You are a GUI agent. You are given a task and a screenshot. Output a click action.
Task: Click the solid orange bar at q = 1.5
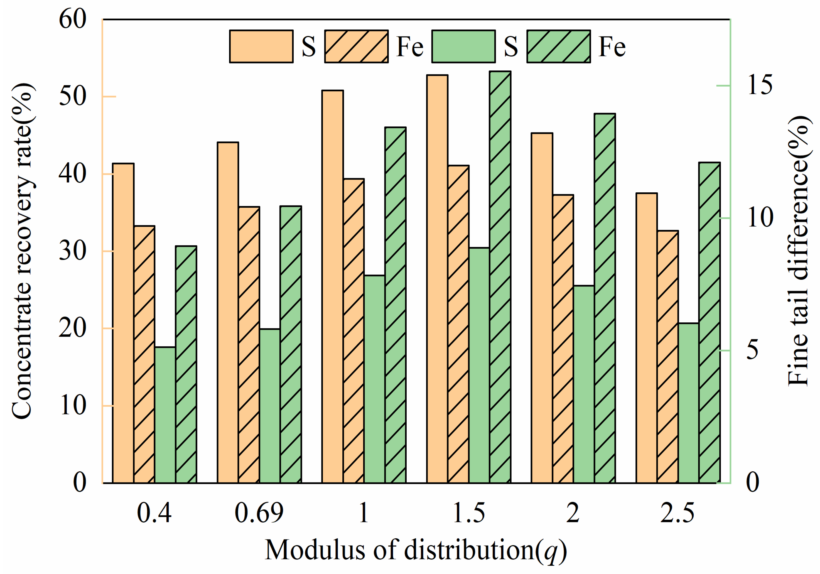[437, 279]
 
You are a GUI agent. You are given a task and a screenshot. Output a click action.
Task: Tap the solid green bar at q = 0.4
[165, 414]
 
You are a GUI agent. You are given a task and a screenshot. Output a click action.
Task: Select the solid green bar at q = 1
[374, 379]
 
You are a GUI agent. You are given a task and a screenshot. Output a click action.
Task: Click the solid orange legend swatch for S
[261, 46]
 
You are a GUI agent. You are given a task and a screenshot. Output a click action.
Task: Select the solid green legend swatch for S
[463, 46]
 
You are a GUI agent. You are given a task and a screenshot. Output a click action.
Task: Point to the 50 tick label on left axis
[72, 96]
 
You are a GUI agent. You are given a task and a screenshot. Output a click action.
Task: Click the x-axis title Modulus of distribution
[415, 550]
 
